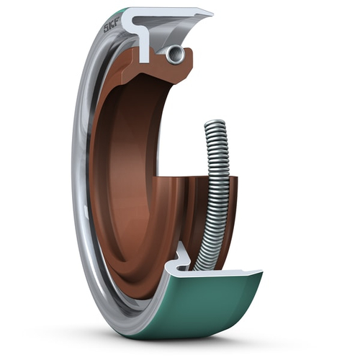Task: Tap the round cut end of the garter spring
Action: click(x=173, y=53)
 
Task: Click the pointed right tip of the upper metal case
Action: click(x=212, y=14)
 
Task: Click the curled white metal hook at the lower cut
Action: click(x=180, y=256)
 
